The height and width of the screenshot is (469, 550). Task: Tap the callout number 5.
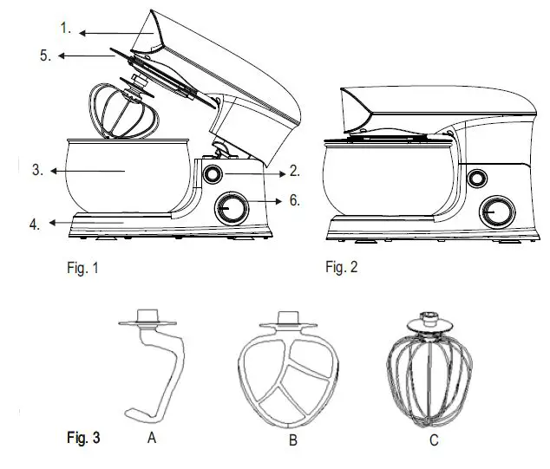point(46,56)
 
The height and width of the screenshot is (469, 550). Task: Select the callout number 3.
point(37,171)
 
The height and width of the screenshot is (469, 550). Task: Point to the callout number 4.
point(34,224)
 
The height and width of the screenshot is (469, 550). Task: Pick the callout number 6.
point(294,200)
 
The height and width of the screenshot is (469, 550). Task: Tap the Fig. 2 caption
point(341,267)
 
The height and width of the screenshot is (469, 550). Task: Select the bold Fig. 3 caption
point(83,438)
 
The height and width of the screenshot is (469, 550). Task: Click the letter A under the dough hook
point(152,439)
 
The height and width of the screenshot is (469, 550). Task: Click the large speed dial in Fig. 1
point(232,207)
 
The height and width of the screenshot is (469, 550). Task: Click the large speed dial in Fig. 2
point(497,210)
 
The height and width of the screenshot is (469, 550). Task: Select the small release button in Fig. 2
point(476,179)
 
